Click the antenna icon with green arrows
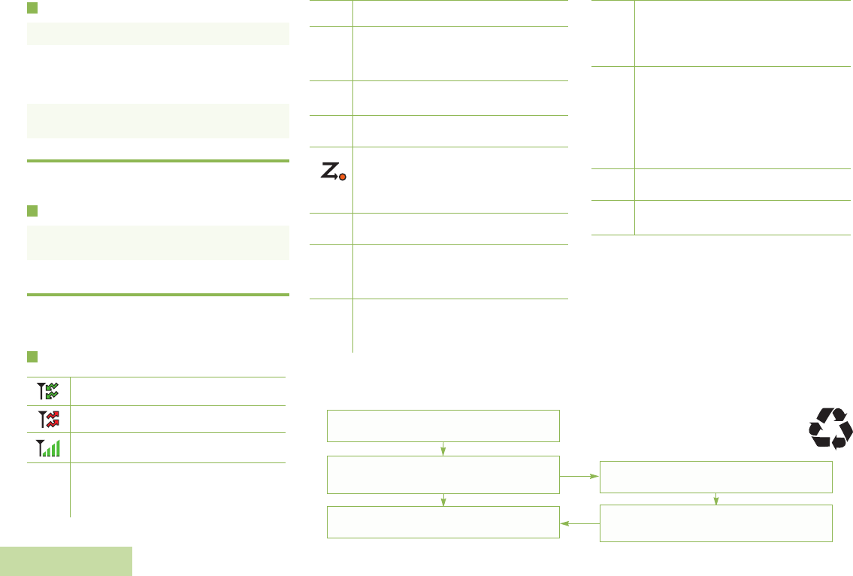coord(48,390)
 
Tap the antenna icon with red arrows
coord(48,420)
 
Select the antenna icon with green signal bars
coord(48,449)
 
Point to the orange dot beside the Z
coord(343,178)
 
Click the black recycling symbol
coord(830,429)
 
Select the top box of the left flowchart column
coord(443,426)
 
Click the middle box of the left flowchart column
coord(443,474)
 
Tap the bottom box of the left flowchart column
coord(443,523)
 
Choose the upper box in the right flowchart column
coord(716,476)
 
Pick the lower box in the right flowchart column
coord(716,523)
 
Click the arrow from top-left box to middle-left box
coord(443,449)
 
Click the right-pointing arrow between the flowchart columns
coord(580,476)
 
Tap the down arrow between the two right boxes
coord(716,499)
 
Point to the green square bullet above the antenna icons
coord(32,356)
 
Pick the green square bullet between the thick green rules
coord(32,210)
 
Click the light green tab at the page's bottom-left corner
coord(66,561)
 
